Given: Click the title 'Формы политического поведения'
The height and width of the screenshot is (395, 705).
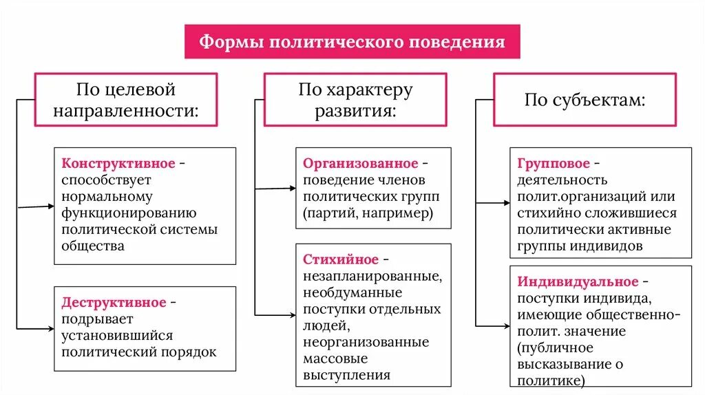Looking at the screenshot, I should pos(352,42).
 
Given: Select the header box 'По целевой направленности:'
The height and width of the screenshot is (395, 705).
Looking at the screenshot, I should pos(126,100).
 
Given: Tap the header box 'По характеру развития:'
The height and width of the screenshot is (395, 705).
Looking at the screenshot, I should pos(355,100).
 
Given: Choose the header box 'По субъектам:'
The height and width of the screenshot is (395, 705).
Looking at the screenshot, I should pos(585,100).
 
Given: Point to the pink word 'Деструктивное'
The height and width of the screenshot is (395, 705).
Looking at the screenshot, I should pos(114,303).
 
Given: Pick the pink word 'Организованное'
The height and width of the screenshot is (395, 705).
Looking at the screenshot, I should pos(360,164).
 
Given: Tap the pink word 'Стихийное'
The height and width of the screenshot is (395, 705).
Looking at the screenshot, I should pos(341,259).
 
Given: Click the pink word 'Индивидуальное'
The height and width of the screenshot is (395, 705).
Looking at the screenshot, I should pos(578,282).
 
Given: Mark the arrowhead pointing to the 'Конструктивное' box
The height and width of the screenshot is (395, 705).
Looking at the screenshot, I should pos(50,205).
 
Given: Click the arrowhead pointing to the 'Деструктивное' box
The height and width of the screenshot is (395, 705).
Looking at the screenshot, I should pos(50,329).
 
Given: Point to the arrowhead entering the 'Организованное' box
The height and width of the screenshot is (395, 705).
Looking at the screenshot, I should pos(292,187).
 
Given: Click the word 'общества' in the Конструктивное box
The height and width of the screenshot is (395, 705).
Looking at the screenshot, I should pos(93,246).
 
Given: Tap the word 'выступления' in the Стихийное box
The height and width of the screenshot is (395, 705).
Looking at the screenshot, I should pos(346,375).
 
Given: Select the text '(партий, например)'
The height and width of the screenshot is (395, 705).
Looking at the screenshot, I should pos(368,213).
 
